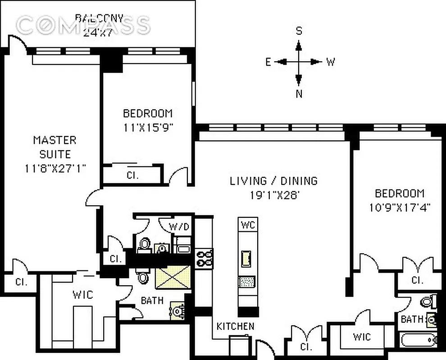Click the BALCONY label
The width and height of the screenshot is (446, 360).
(99, 18)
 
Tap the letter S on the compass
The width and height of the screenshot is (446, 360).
(298, 31)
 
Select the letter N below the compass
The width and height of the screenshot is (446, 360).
(298, 94)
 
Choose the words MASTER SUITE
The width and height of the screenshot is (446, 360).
(55, 147)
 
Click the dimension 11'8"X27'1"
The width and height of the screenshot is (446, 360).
(55, 168)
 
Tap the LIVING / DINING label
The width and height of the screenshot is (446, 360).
(273, 181)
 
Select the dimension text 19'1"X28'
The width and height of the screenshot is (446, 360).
(273, 195)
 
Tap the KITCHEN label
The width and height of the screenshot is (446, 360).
(235, 326)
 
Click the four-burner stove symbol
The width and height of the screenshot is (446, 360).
(204, 258)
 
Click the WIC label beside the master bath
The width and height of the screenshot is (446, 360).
(83, 295)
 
